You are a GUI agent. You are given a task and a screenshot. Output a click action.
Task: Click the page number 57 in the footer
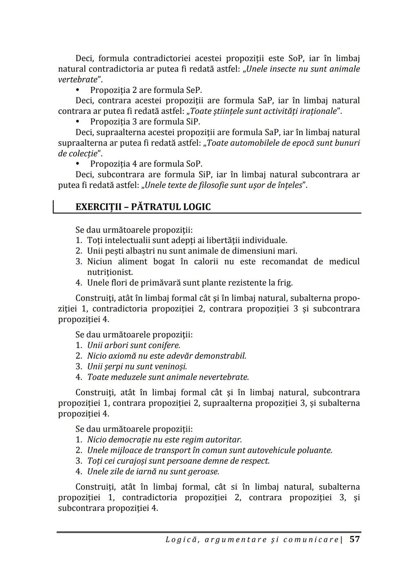(x=355, y=539)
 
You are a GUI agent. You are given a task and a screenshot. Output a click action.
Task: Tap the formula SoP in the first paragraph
(x=297, y=58)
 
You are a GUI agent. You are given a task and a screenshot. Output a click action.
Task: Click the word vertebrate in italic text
(x=77, y=80)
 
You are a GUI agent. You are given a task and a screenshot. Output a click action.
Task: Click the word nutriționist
(x=110, y=272)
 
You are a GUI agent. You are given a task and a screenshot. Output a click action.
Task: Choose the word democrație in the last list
(x=128, y=440)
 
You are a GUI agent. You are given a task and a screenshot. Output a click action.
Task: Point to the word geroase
(x=204, y=472)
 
